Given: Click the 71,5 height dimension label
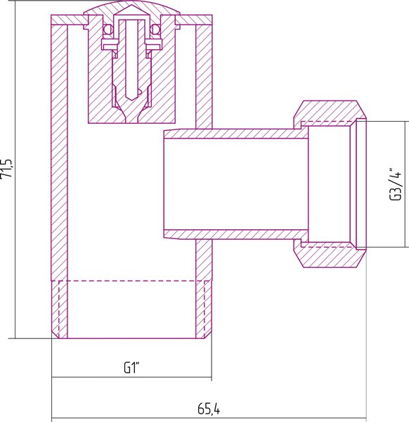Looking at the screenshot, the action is pos(6,168).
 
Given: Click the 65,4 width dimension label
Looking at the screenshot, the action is pos(209,409).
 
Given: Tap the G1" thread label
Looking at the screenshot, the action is pos(131,368).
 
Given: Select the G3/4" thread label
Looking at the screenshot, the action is pos(395,184).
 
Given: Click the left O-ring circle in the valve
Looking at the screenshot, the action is pos(108,29).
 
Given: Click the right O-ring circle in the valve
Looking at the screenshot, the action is pos(155,29).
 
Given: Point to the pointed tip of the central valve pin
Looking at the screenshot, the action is pos(131,100).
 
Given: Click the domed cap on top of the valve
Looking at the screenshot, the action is pos(131,8).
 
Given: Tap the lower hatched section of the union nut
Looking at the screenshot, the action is pos(330,256).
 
